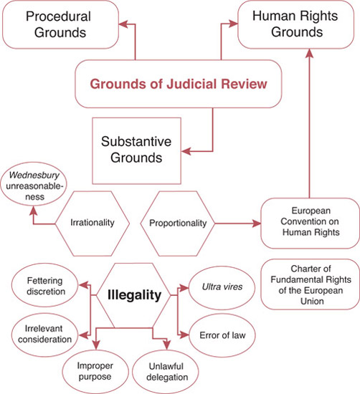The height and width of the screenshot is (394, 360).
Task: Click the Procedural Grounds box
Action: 60,24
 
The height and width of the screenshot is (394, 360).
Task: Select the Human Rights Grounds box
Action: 296,24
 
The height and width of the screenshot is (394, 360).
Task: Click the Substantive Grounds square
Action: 136,150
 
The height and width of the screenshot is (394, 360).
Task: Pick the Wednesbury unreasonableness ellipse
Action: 34,186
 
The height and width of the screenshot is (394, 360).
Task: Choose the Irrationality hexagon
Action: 93,224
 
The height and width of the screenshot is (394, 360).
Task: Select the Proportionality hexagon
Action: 178,224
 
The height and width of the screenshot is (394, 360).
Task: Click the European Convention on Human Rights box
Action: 311,223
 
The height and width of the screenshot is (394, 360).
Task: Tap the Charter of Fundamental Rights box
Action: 311,284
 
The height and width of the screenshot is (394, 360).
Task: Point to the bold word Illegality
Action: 134,295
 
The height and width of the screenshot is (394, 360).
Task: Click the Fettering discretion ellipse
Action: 45,285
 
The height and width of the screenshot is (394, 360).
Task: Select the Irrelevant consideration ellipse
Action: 45,334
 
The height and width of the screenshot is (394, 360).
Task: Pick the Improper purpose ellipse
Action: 95,371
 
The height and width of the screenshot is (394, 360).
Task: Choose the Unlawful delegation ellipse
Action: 166,372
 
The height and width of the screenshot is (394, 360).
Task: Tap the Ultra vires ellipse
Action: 222,287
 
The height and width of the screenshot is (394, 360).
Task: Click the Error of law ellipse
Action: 222,335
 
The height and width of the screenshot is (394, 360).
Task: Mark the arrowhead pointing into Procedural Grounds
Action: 123,24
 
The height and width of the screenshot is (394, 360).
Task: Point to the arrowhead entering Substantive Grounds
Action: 186,151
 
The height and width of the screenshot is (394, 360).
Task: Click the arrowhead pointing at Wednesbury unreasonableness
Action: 33,211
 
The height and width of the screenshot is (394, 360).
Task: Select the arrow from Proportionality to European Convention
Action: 238,223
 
